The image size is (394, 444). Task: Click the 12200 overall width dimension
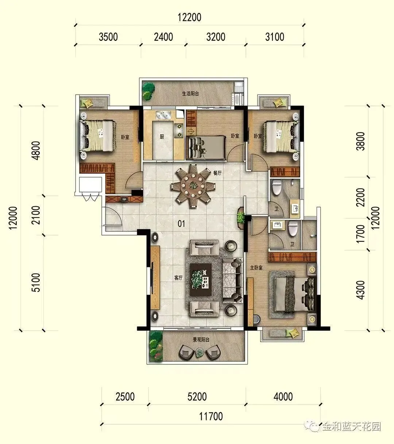coord(189,18)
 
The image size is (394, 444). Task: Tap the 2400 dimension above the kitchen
coord(163,37)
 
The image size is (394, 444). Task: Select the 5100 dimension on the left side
coord(36,283)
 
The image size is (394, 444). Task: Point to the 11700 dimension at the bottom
coord(211,416)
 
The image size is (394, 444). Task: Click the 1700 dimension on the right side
coord(361,234)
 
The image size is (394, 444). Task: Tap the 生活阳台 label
coord(190,93)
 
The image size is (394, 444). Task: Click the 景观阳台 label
coord(201,340)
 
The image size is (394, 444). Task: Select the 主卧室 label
coord(256,268)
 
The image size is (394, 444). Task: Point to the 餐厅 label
coord(217,173)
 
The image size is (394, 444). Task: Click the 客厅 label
coord(178,278)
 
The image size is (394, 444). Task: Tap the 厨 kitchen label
coord(162,137)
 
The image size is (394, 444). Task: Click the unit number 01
coord(181,224)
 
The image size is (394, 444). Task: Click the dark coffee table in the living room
coord(201,280)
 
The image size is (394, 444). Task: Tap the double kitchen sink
coord(163,115)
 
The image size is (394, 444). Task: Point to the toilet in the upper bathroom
coord(277,188)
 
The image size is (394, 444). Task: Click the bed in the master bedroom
coord(295,294)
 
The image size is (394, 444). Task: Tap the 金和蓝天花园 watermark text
coord(352,426)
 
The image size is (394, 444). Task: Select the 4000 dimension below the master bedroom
coord(283,397)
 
